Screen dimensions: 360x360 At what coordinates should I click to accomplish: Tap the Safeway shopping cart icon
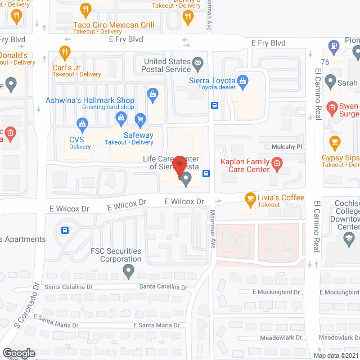coord(140,119)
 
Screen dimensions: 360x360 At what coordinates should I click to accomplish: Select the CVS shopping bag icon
coord(82,123)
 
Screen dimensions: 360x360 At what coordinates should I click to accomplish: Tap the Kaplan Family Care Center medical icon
coord(276,164)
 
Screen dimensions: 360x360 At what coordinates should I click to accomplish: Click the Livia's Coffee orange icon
coord(250,198)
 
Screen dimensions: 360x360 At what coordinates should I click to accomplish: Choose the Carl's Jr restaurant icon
coord(65,53)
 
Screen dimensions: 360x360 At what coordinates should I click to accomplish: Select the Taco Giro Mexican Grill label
coord(114,25)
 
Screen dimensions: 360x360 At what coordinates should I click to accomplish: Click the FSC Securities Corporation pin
coord(128,272)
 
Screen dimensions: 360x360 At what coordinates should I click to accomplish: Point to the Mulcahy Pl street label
coord(287,146)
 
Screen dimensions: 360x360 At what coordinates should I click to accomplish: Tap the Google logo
coord(19,353)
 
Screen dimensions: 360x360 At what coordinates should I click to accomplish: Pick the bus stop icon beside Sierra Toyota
coord(215,105)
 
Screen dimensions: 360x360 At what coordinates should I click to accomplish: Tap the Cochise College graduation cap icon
coord(349,240)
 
